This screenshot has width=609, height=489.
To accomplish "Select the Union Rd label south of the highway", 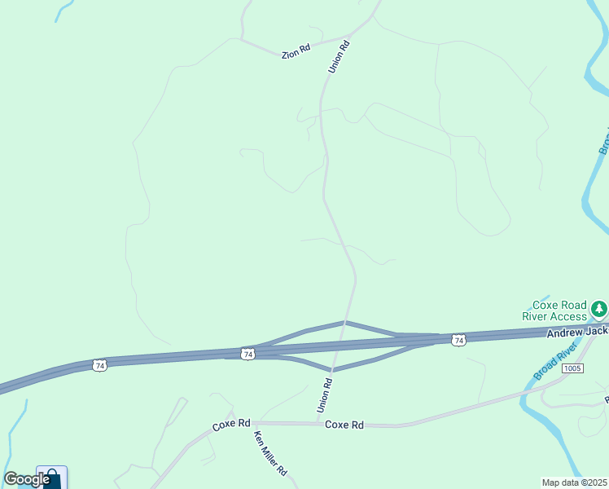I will pos(323,394).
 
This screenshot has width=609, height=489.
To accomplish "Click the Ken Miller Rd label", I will pos(271,454).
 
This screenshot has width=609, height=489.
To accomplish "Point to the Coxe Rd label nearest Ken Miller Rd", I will pos(231,424).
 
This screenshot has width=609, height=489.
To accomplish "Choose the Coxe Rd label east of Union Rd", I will pos(344,425).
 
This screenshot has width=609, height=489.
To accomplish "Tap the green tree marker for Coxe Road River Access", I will pos(599,309).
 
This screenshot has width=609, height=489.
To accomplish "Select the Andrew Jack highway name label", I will pos(576,332).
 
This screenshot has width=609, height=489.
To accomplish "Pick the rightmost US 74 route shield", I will pos(459,340).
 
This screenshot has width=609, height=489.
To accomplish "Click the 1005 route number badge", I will pos(572,368).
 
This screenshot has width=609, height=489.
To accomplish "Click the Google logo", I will pos(26,479).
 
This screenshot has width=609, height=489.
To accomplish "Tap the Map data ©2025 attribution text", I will pos(575,482).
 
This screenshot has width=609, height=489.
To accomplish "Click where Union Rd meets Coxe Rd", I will pos(319,423).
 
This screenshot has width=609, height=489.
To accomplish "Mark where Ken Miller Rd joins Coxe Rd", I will pos(252,424).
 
